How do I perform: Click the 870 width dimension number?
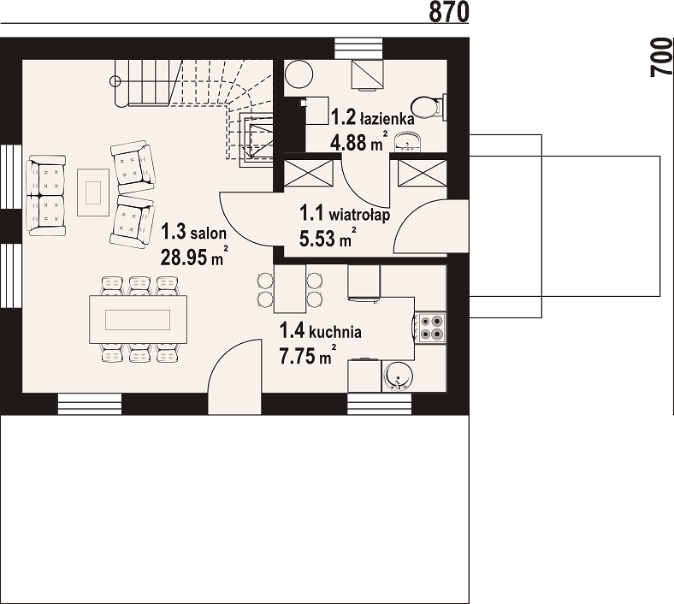coord(449,11)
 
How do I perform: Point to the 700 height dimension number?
coord(661,57)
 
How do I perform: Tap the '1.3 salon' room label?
coord(194,232)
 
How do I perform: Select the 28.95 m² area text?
coord(194,256)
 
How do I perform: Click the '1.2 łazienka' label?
coord(373,117)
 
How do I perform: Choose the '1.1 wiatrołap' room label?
coord(345,213)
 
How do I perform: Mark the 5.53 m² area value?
coord(328,238)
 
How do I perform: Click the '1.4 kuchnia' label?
coord(321,331)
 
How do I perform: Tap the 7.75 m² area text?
coord(308,356)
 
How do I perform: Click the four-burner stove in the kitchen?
coord(431,327)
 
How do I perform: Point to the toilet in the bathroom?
coord(429,106)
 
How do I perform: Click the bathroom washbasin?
coord(406,142)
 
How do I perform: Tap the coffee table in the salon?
coord(93,192)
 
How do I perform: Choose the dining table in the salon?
coord(138,319)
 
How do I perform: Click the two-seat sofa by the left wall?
coord(46,196)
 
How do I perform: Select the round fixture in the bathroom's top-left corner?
coord(299,74)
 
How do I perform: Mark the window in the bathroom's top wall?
coord(358,48)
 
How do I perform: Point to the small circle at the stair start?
coord(115,80)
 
